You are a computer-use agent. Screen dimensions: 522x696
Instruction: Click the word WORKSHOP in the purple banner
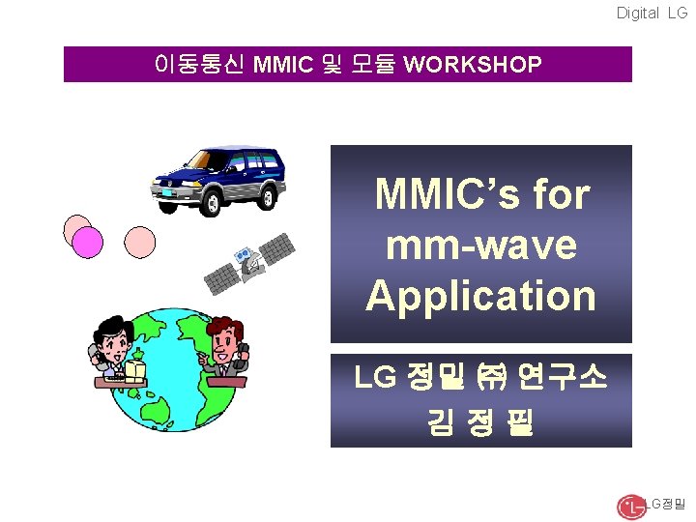click(x=472, y=65)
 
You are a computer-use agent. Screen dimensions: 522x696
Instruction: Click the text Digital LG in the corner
click(x=652, y=13)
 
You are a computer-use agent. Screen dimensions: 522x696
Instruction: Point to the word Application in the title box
click(x=480, y=295)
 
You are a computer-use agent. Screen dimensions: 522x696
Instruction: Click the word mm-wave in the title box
click(x=480, y=245)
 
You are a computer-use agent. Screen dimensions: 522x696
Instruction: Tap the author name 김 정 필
click(x=480, y=422)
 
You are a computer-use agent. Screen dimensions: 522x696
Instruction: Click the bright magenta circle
click(x=88, y=242)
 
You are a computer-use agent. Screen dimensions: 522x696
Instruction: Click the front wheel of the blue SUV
click(x=210, y=199)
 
